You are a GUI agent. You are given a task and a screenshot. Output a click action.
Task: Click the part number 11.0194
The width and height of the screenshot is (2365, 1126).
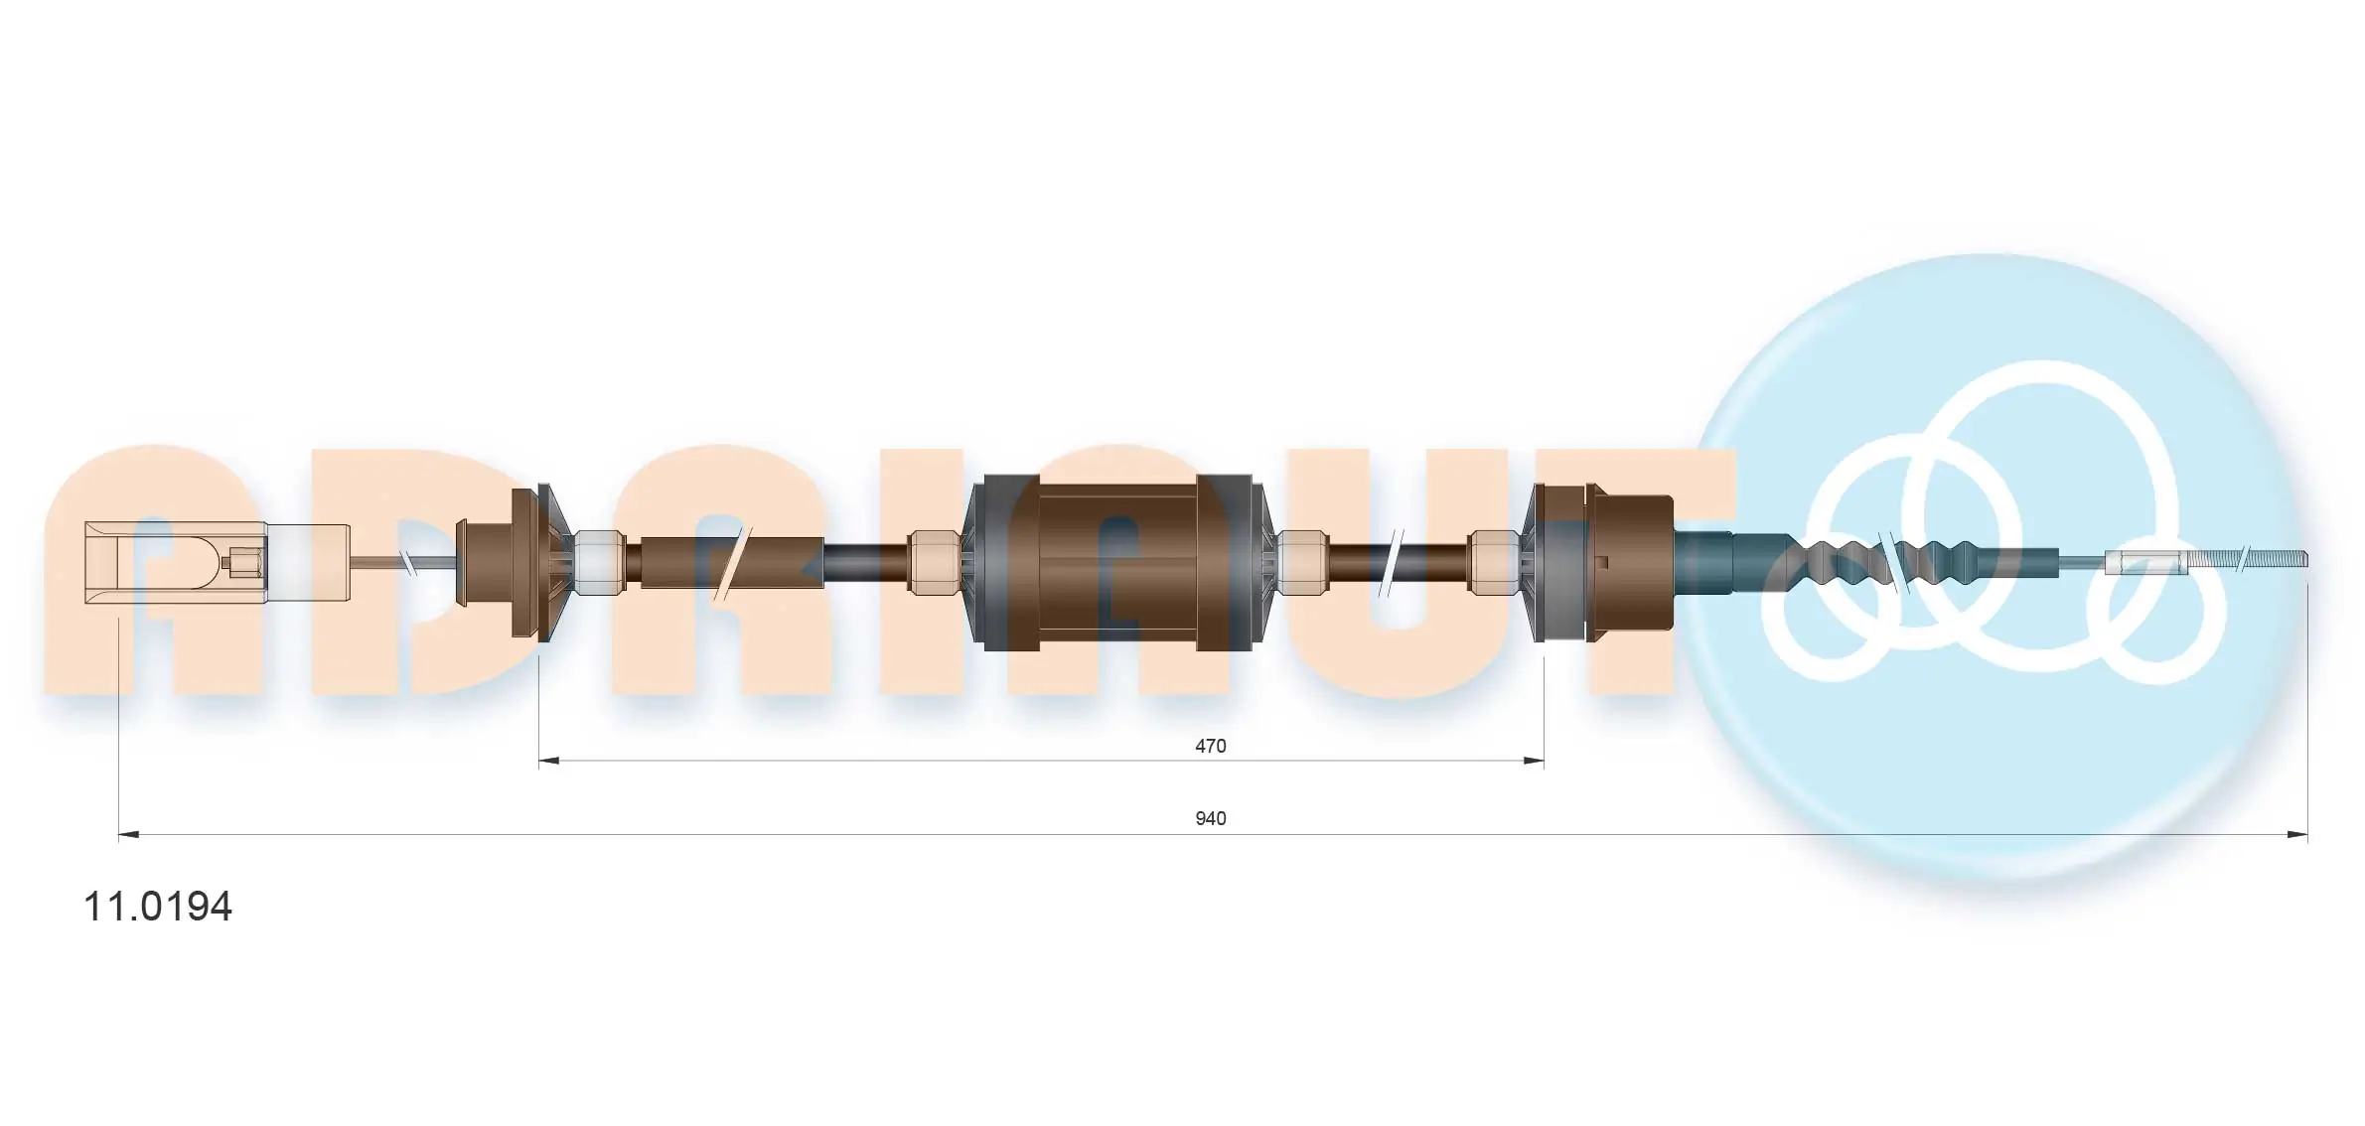point(157,906)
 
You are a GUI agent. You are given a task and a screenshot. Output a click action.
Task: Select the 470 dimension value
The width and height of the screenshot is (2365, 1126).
point(1210,746)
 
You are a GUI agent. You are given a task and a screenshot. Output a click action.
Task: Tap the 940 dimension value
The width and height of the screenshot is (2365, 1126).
point(1210,818)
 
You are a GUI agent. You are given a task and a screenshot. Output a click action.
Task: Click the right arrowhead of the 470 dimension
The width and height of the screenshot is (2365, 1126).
point(1535,762)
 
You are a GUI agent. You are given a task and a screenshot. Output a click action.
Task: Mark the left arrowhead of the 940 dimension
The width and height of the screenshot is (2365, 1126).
point(128,835)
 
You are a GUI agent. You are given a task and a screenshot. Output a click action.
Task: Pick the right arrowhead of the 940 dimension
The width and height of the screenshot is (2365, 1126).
point(2297,835)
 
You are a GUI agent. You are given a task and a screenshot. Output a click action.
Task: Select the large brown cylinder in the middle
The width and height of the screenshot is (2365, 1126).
point(1117,562)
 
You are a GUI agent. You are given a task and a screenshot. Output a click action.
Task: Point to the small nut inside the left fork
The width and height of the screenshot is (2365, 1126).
point(244,563)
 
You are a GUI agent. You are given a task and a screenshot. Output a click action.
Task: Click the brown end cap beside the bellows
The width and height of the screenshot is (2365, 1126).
point(1629,562)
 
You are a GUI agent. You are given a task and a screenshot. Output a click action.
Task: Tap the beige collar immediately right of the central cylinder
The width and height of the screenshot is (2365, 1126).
point(1302,562)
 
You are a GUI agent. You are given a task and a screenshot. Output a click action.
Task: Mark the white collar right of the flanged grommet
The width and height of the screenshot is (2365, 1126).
point(600,562)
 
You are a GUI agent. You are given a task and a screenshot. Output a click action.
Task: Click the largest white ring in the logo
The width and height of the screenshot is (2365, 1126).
point(2046,467)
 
